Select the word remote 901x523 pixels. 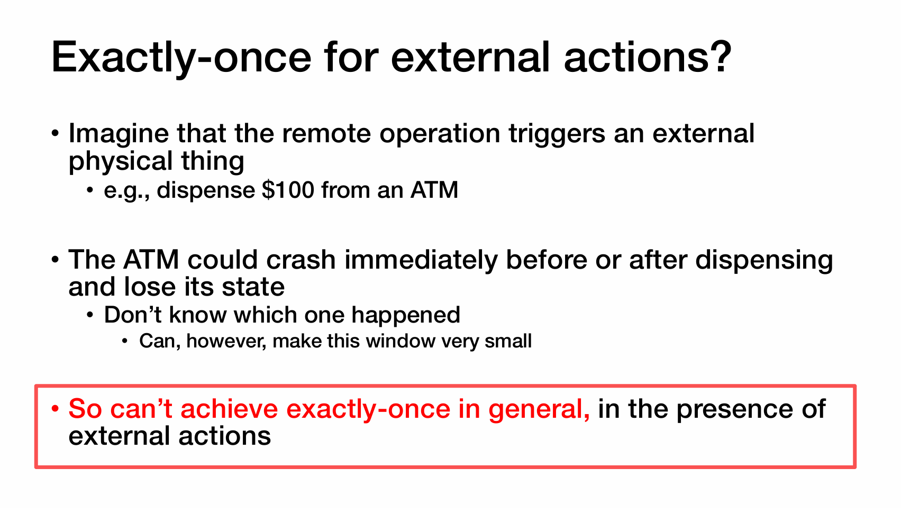(326, 133)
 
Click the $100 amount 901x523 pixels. (288, 190)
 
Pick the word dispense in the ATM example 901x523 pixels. (205, 191)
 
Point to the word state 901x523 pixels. (253, 287)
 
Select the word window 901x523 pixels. (400, 341)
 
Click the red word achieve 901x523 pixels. (229, 409)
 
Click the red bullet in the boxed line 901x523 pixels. (55, 409)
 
